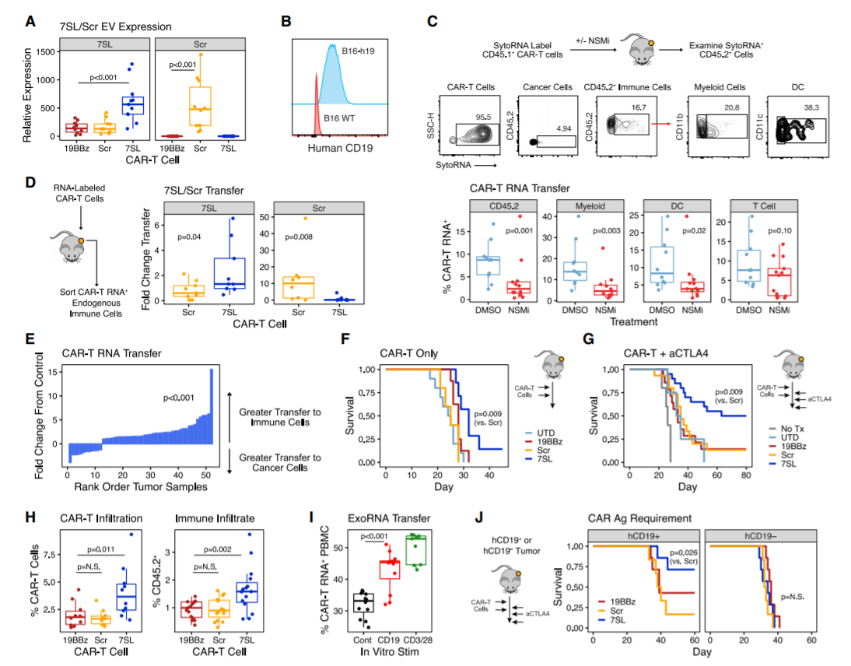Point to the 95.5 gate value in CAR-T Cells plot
(x=484, y=115)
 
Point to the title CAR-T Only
(x=402, y=352)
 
